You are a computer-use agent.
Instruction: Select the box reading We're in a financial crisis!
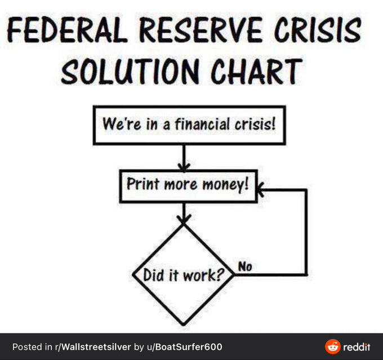[x=189, y=124]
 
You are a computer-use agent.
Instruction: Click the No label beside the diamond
[x=244, y=266]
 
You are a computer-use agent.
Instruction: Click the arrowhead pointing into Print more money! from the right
[x=262, y=190]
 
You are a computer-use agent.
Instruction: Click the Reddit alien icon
[x=333, y=346]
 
